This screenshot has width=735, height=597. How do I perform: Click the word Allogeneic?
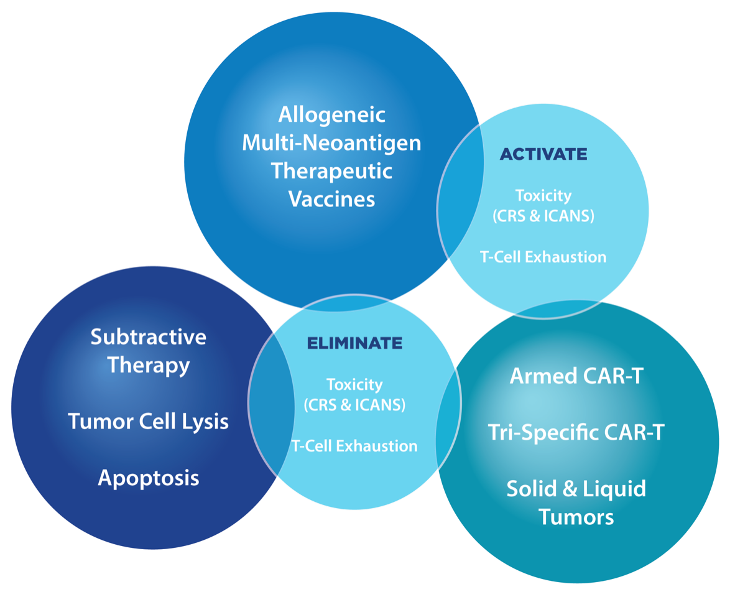coord(331,115)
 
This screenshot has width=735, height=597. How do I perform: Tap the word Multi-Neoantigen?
coord(331,143)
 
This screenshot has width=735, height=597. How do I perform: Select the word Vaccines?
coord(331,199)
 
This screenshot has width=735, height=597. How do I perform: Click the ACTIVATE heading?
coord(543,154)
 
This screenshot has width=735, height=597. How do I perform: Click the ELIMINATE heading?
coord(354,343)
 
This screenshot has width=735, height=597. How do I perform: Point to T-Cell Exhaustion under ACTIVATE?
coord(543,256)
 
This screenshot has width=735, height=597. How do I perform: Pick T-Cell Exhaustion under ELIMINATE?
coord(354,445)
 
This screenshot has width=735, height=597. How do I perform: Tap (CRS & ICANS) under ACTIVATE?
coord(543,216)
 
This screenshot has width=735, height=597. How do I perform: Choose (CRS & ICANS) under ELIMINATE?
coord(354,405)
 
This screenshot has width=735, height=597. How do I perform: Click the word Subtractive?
coord(148,337)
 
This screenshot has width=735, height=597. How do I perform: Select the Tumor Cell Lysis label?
coord(148,422)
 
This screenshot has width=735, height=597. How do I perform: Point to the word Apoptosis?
coord(148,478)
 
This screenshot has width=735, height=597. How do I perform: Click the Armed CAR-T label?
coord(577,376)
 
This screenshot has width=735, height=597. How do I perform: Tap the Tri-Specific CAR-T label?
coord(576,432)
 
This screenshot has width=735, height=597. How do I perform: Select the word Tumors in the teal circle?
coord(576,516)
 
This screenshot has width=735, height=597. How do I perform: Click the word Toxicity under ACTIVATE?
coord(543,196)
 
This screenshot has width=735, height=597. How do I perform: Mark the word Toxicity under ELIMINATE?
coord(354,384)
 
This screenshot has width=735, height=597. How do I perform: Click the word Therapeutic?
coord(331,171)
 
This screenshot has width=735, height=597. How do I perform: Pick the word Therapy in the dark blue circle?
coord(148,365)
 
